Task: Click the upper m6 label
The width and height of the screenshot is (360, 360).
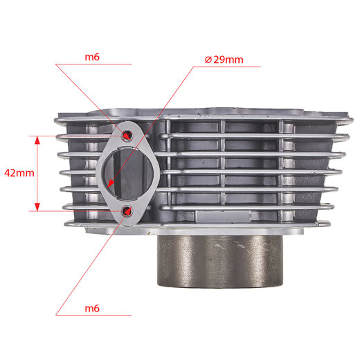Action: click(92, 57)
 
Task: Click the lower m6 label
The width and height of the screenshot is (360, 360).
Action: click(92, 308)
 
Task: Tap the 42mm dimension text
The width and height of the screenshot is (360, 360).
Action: click(19, 173)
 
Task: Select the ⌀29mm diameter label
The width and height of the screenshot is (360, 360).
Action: click(224, 60)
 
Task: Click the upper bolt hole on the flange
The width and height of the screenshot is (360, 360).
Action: click(127, 135)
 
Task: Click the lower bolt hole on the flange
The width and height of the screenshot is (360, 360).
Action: click(127, 210)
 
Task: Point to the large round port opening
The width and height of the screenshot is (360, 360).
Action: click(129, 174)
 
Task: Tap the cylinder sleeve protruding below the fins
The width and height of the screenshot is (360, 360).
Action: click(220, 261)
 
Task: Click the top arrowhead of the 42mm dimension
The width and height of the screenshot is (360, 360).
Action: click(37, 140)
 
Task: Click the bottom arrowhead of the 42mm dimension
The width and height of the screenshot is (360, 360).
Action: click(37, 207)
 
